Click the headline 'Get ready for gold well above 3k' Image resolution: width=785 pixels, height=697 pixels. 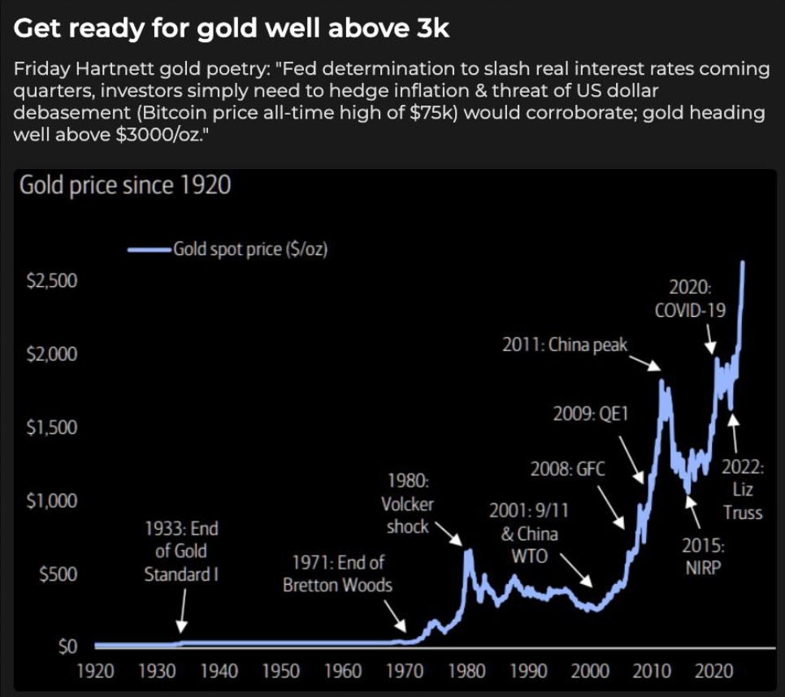pos(232,29)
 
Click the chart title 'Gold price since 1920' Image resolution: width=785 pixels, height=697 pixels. pos(124,186)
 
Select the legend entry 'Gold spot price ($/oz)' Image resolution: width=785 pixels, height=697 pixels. pos(249,249)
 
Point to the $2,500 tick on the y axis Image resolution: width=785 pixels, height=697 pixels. pos(52,281)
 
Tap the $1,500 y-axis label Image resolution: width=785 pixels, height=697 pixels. pos(52,428)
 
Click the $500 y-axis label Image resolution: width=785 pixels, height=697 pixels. pos(58,574)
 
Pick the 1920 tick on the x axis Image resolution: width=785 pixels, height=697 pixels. pos(96,672)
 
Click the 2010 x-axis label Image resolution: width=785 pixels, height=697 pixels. pos(652,672)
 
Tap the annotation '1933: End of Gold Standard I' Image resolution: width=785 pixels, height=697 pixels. pos(181,552)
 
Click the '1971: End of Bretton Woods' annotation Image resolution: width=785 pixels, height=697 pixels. pos(337,574)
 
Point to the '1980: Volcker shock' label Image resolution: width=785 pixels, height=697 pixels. pos(407,504)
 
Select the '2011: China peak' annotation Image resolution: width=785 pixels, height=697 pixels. pos(566,345)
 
